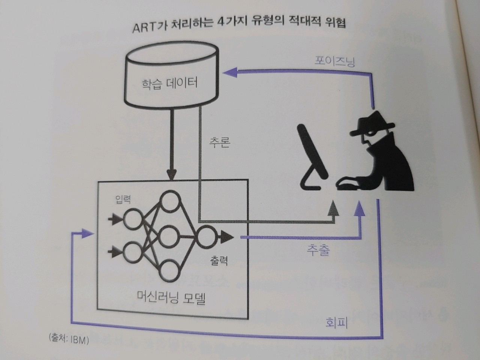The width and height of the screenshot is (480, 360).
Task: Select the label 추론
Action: (x=220, y=142)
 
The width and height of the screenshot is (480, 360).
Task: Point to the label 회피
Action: (x=336, y=322)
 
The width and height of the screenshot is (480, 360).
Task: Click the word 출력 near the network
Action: (x=219, y=260)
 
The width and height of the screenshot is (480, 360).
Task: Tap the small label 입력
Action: (x=123, y=199)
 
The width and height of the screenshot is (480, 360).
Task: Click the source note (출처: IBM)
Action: (x=69, y=340)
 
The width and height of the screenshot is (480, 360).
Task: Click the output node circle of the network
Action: (x=205, y=237)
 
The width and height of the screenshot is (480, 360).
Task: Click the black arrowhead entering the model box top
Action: (x=171, y=174)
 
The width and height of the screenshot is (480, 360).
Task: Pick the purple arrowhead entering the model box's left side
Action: (x=88, y=234)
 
